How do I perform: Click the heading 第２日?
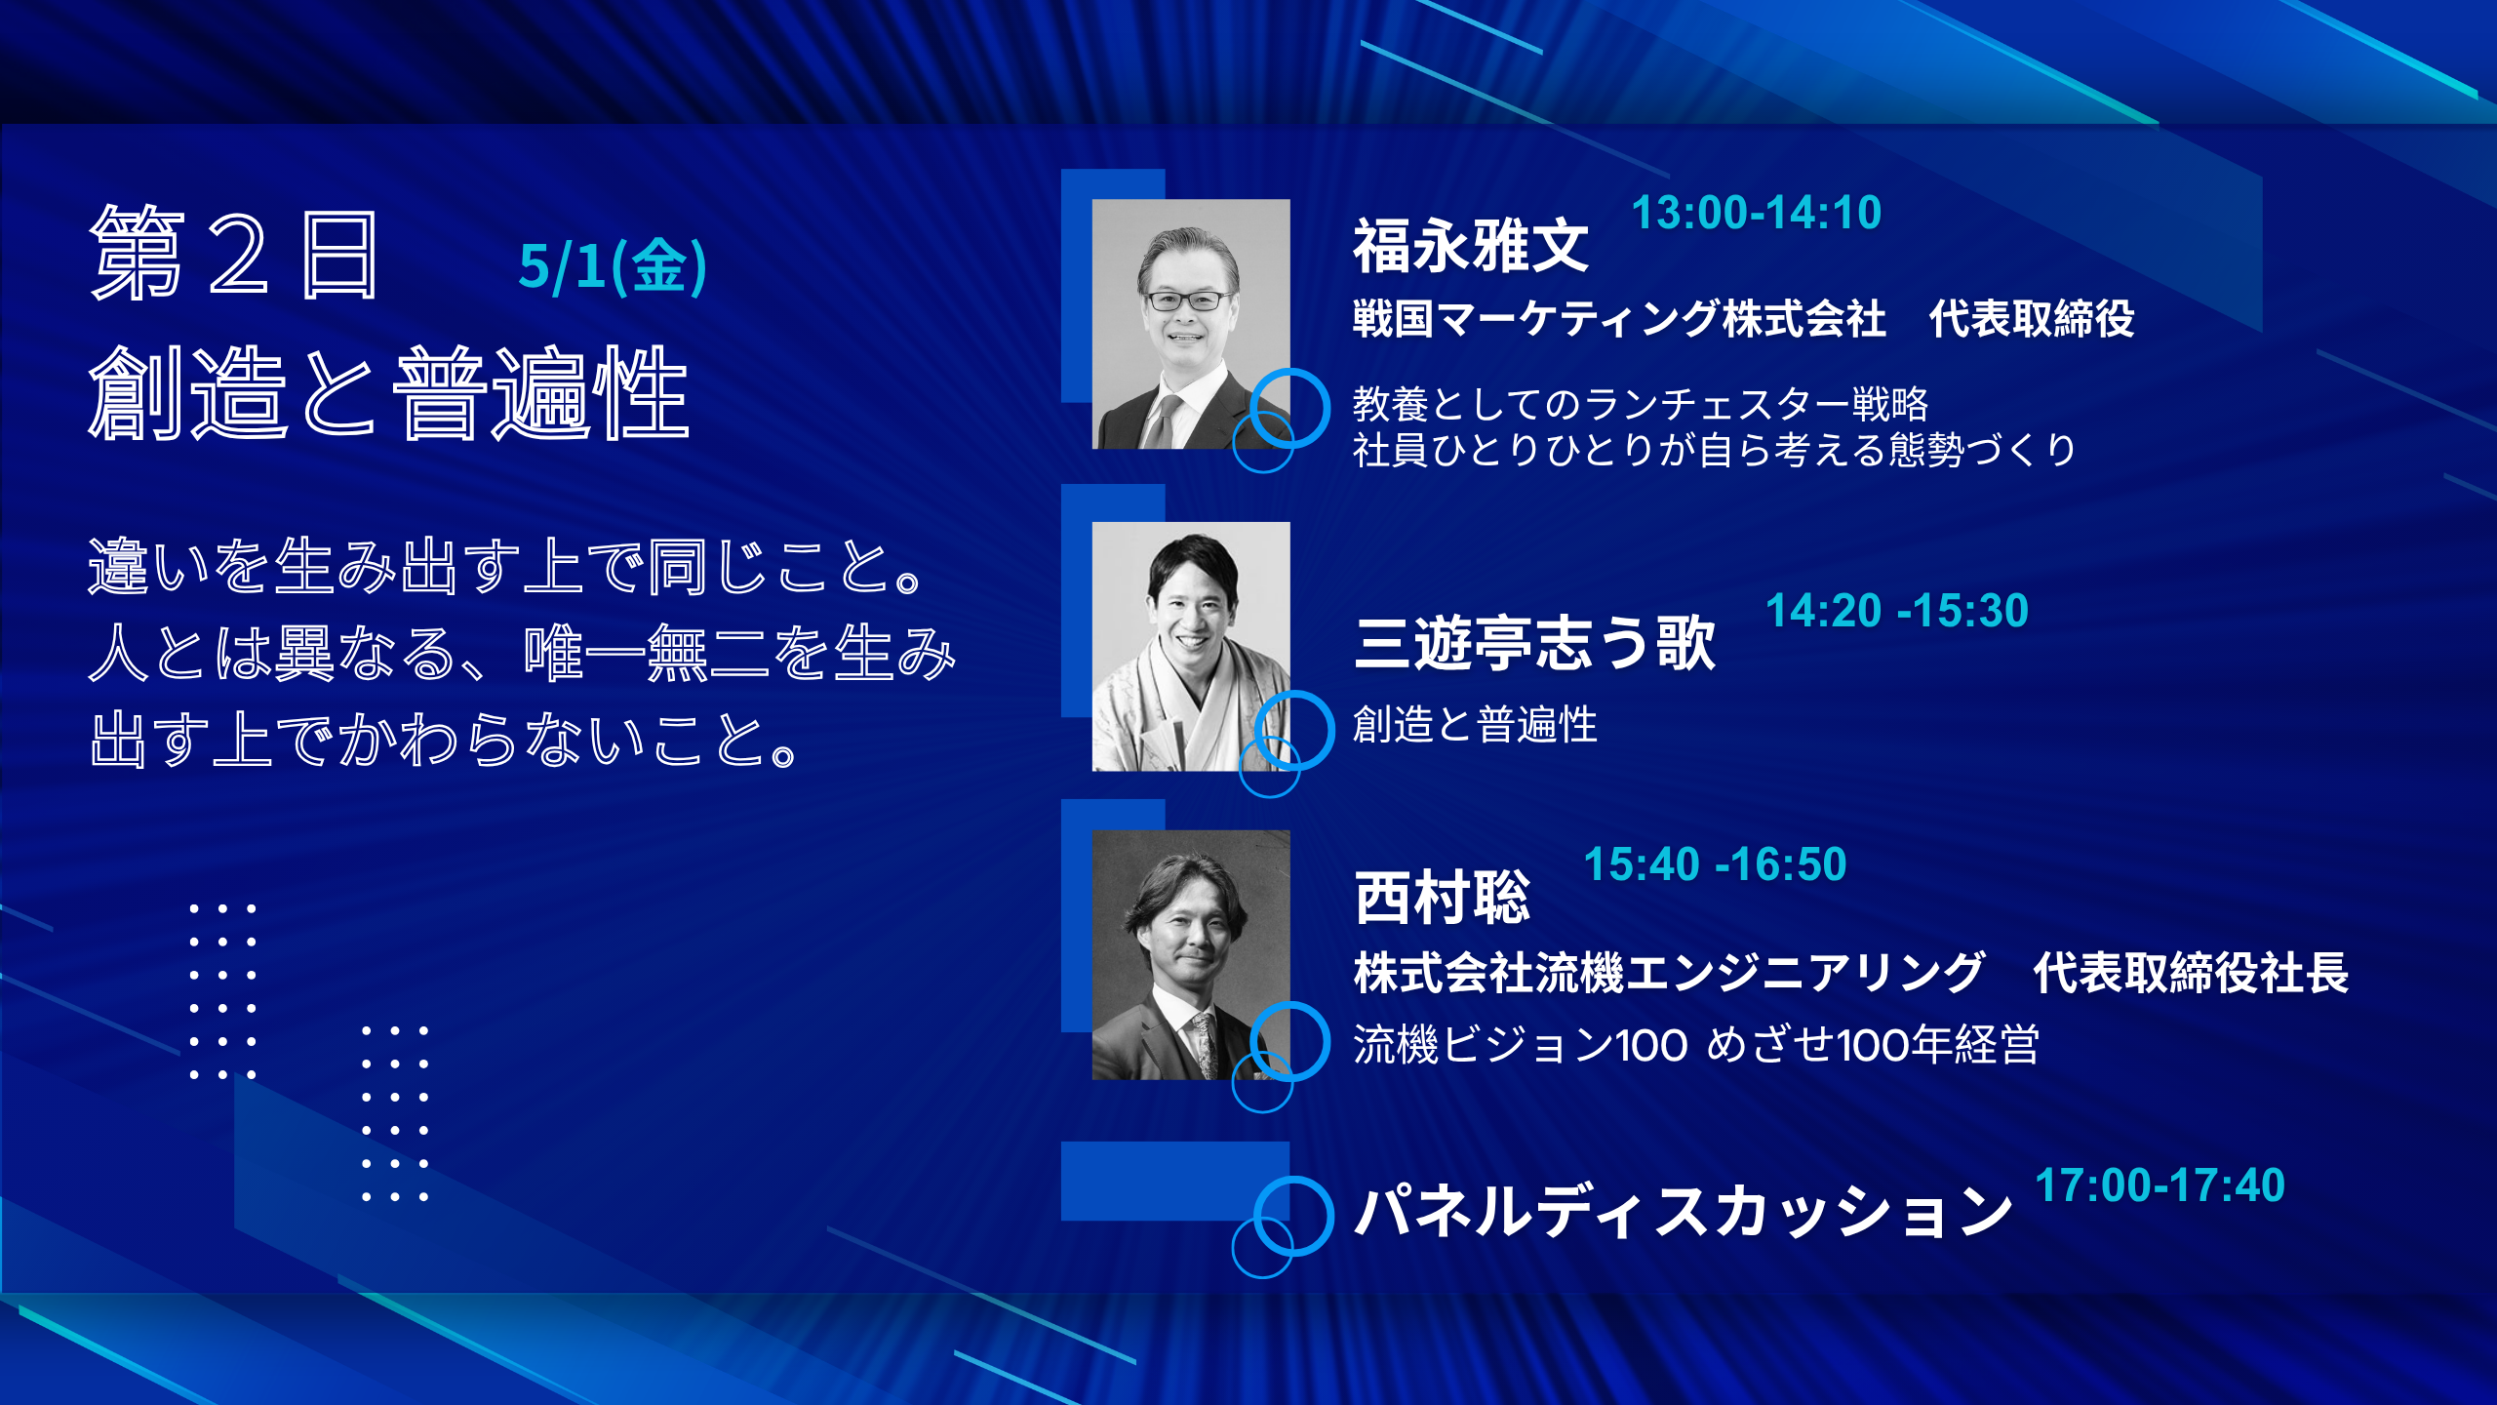click(234, 254)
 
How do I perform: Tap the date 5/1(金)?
click(613, 266)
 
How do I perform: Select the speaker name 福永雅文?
click(1471, 245)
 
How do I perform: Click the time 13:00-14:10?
click(1756, 213)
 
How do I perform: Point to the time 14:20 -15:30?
click(1896, 611)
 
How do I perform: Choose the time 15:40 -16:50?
click(1715, 864)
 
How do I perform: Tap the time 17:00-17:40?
click(2160, 1185)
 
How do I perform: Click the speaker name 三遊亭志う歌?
click(1534, 643)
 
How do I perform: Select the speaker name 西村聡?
click(1442, 897)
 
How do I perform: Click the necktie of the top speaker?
click(1160, 421)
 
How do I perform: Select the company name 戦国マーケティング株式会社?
click(1619, 319)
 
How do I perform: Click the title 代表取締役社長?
click(2191, 973)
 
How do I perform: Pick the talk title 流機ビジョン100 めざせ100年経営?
click(1695, 1045)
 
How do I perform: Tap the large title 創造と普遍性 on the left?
click(388, 392)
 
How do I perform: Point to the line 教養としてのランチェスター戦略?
click(1641, 403)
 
